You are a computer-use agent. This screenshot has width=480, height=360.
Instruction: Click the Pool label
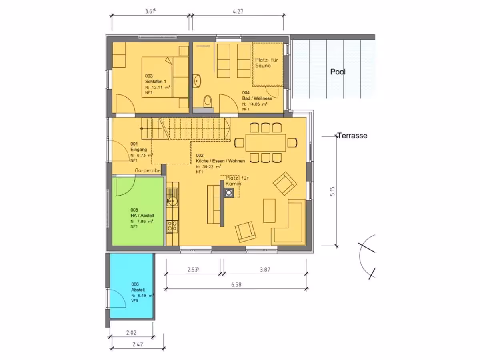pyautogui.click(x=338, y=72)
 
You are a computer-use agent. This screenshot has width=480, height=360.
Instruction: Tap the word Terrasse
pyautogui.click(x=352, y=136)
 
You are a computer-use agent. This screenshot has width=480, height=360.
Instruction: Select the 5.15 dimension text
pyautogui.click(x=332, y=191)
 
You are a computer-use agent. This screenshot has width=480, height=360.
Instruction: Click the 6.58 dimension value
pyautogui.click(x=236, y=284)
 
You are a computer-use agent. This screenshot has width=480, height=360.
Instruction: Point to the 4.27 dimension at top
pyautogui.click(x=238, y=11)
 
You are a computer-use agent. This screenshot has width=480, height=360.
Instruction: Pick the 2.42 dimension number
pyautogui.click(x=138, y=344)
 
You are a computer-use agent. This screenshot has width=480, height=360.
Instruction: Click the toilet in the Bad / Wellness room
pyautogui.click(x=208, y=102)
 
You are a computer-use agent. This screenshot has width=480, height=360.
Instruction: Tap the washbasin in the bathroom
pyautogui.click(x=197, y=81)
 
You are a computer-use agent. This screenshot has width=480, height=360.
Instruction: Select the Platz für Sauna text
pyautogui.click(x=266, y=63)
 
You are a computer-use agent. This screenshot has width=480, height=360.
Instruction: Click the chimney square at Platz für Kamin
pyautogui.click(x=229, y=193)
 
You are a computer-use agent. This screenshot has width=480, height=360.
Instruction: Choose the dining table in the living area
pyautogui.click(x=266, y=143)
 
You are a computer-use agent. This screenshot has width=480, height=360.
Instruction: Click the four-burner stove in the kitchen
pyautogui.click(x=172, y=227)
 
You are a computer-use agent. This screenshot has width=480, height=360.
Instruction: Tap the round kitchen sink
pyautogui.click(x=173, y=200)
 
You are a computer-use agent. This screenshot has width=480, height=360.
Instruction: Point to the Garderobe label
pyautogui.click(x=148, y=170)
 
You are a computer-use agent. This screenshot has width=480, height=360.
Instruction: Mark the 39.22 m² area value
pyautogui.click(x=208, y=166)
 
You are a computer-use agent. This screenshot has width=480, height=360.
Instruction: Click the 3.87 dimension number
pyautogui.click(x=265, y=270)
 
